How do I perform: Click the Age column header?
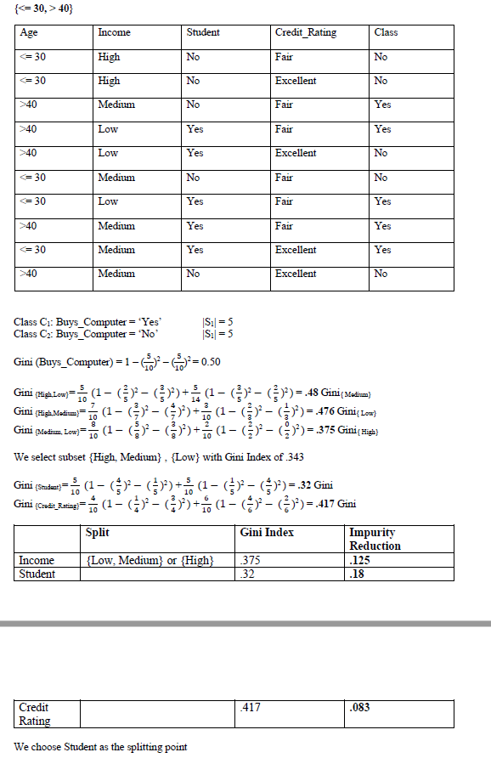point(30,33)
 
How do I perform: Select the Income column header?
point(114,33)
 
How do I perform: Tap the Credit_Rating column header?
point(305,33)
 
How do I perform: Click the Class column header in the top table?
point(386,33)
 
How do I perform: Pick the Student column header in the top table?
point(202,33)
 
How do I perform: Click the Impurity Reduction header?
point(375,539)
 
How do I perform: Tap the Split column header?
point(99,533)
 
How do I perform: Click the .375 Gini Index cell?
point(250,560)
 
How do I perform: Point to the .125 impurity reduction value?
point(360,560)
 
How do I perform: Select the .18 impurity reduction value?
point(358,574)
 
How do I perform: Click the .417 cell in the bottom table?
point(251,707)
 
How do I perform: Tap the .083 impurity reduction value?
point(360,707)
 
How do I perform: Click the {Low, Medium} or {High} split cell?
point(150,560)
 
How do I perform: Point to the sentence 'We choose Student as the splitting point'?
point(102,747)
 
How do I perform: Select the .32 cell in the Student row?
point(248,574)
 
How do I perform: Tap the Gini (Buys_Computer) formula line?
point(118,362)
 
